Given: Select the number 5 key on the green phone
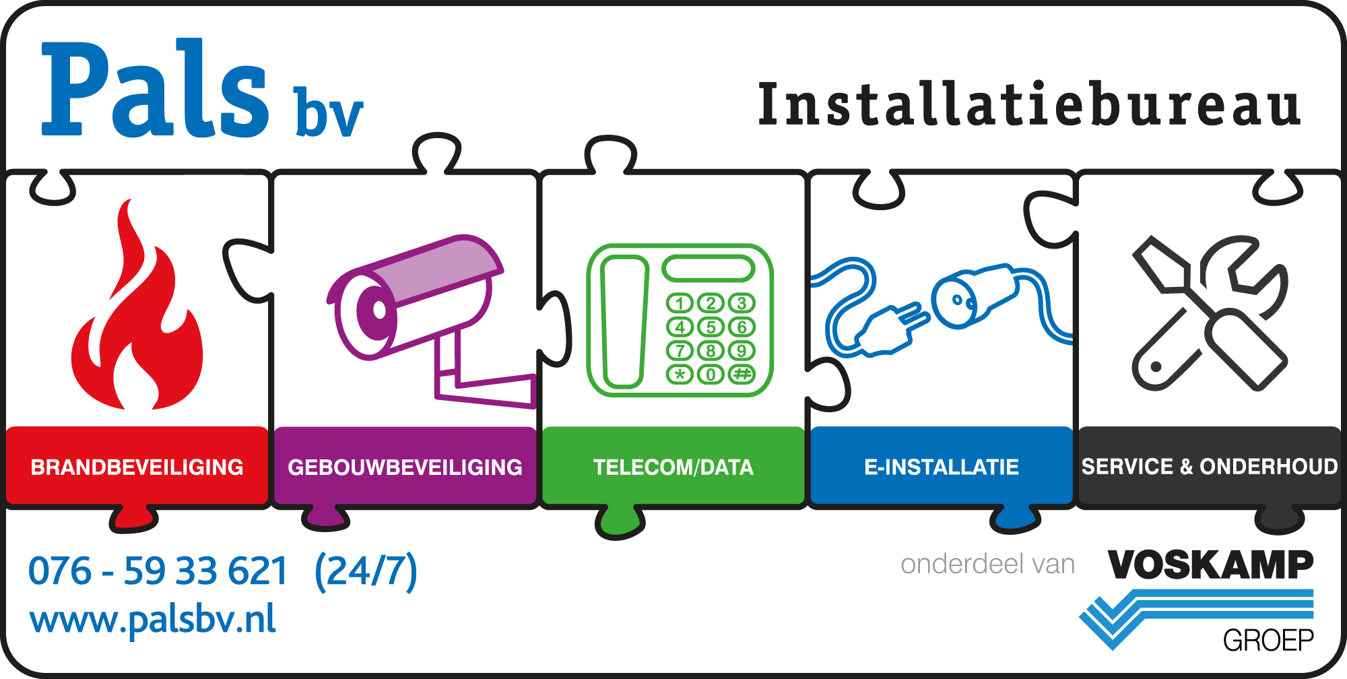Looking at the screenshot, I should tap(711, 327).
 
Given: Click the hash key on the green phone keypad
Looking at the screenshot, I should tap(742, 374).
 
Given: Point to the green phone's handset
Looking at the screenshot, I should tap(624, 322).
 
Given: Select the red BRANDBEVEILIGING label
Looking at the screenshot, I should tap(137, 467).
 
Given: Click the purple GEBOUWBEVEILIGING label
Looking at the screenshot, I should tap(405, 467).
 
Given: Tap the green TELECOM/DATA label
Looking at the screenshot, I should tap(673, 467).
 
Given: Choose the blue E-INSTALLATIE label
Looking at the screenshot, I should tap(941, 467).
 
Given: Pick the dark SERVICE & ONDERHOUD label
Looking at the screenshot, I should tap(1209, 466).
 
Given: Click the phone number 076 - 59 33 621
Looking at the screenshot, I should tap(158, 571).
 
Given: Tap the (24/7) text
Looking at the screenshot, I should tap(366, 571).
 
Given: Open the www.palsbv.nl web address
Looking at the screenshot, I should tap(153, 620).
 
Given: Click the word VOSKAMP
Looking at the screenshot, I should tap(1210, 564).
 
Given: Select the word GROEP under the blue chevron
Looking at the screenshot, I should tap(1268, 640).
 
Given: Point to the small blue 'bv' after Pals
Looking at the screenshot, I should tap(329, 113).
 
